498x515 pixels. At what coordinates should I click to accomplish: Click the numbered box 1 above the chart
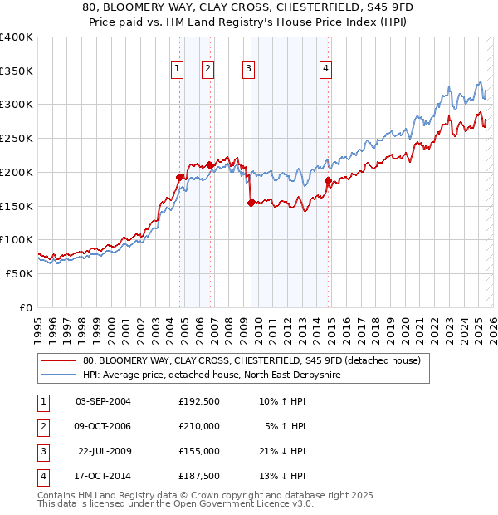(178, 69)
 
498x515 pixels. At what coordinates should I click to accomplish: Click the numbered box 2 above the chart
(207, 69)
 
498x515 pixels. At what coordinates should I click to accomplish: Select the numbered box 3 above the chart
(249, 69)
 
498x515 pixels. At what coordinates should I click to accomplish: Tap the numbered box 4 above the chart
(326, 69)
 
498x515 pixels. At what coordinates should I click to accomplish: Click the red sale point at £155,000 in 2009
(251, 202)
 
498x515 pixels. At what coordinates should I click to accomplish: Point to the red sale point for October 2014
(328, 180)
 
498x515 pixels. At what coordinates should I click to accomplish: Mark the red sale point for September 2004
(179, 177)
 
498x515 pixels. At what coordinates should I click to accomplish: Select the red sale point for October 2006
(210, 164)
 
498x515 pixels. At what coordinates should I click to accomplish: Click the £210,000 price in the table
(198, 426)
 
